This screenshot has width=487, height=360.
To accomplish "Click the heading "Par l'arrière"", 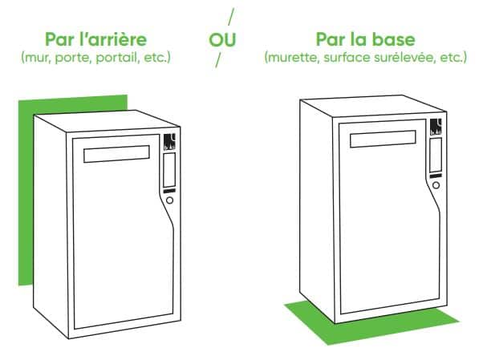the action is click(x=95, y=39).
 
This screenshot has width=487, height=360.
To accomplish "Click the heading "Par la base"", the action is click(x=365, y=39).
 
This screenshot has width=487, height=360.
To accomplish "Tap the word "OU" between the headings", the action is click(x=222, y=40).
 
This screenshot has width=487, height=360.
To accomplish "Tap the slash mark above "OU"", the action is click(x=231, y=17).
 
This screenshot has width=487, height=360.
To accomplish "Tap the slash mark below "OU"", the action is click(x=218, y=60).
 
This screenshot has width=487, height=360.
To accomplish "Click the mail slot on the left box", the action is click(x=116, y=154).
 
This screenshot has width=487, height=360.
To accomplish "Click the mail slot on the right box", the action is click(x=383, y=139).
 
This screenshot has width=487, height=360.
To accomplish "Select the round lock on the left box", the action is click(x=169, y=200).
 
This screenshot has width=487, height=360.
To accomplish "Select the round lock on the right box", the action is click(x=436, y=185).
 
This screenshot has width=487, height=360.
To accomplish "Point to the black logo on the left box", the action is click(x=169, y=142).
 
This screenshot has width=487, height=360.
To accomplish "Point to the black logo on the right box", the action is click(x=436, y=127).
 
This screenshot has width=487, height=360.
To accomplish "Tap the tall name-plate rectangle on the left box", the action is click(x=169, y=170).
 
